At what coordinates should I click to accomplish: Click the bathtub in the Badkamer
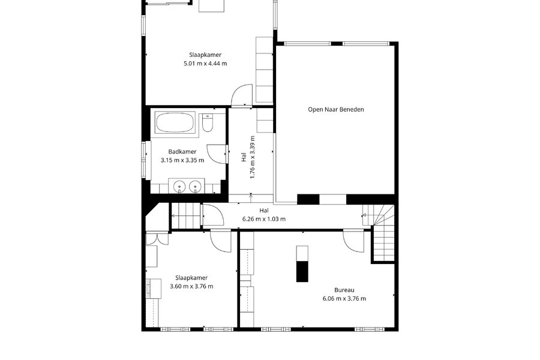tap(175, 122)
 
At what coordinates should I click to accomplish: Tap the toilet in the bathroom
tap(208, 123)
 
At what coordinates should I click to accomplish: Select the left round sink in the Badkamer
tap(179, 187)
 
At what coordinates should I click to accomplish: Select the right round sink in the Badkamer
tap(194, 187)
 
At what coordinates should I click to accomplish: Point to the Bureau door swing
tap(353, 241)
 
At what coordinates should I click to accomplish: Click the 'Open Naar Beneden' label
tap(336, 110)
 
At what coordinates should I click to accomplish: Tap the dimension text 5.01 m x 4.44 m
tap(205, 64)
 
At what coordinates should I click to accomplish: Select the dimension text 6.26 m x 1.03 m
tap(264, 219)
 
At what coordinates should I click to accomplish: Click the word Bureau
tap(344, 290)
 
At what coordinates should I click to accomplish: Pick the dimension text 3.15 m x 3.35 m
tap(182, 160)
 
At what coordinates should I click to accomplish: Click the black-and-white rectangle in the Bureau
tap(302, 263)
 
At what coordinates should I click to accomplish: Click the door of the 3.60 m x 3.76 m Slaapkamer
tap(220, 241)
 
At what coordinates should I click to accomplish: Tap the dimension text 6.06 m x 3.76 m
tap(344, 299)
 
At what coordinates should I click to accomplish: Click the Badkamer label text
tap(182, 152)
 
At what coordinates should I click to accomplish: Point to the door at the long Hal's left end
tap(213, 215)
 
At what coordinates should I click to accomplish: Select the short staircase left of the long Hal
tap(186, 215)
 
